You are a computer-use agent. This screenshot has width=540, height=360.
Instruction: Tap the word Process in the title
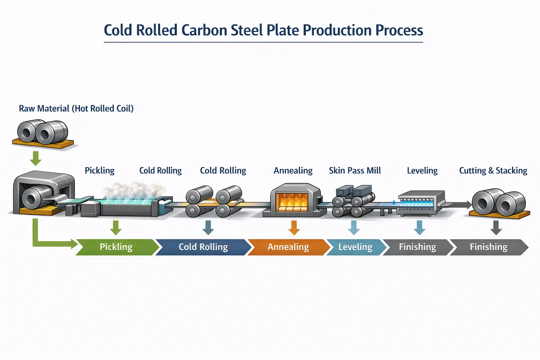pos(399,31)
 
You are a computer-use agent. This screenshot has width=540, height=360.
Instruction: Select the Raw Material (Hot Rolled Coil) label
pos(76,109)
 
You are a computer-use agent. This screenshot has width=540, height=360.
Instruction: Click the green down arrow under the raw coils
pos(36,158)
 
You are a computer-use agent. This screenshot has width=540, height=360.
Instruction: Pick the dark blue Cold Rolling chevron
pos(203,247)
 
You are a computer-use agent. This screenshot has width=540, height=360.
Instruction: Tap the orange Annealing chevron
pos(288,247)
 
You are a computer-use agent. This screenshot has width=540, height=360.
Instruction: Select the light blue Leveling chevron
pos(355,247)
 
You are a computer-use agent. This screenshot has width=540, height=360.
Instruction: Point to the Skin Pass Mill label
pos(355,171)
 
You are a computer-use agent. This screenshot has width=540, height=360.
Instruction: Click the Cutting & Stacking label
pos(493,171)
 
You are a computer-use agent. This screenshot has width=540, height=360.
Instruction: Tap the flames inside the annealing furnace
pos(293,202)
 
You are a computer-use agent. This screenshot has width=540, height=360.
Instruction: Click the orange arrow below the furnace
pos(294,227)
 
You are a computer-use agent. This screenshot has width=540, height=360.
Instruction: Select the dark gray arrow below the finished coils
pos(496,227)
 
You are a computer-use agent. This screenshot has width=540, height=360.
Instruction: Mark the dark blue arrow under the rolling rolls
pos(208,227)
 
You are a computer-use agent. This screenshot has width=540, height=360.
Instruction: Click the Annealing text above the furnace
pos(293,171)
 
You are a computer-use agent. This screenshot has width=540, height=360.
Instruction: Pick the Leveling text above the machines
pos(422,171)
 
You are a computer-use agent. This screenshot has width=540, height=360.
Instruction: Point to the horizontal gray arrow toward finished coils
pos(457,205)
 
